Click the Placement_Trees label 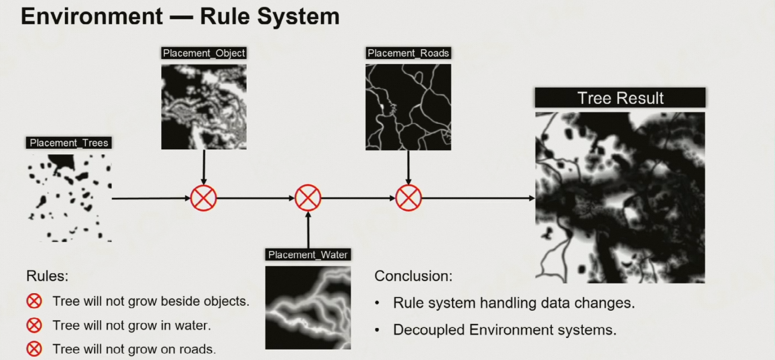click(69, 143)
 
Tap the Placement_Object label click(204, 53)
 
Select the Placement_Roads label click(408, 53)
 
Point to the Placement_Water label click(308, 254)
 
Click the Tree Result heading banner click(620, 98)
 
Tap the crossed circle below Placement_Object click(203, 198)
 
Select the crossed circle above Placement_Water click(308, 198)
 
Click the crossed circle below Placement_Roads click(408, 198)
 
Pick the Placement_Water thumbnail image click(308, 307)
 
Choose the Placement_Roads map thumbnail click(408, 107)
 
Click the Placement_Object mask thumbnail click(204, 107)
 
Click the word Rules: click(47, 276)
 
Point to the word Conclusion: click(413, 276)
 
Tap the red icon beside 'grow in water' click(34, 326)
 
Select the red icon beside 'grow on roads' click(34, 349)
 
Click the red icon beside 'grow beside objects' click(34, 301)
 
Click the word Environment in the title click(92, 16)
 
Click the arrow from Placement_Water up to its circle click(308, 230)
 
